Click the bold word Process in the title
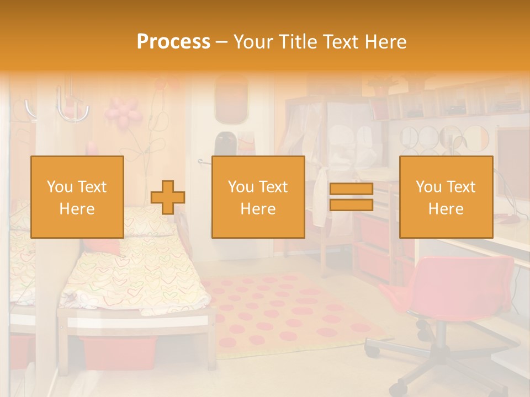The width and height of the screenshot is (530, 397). click(x=173, y=42)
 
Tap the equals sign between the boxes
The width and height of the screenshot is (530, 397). click(x=351, y=197)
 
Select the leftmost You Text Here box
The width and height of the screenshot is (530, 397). click(x=77, y=197)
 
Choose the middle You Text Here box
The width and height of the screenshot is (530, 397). click(x=258, y=197)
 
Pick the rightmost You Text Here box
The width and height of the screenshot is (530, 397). click(x=446, y=197)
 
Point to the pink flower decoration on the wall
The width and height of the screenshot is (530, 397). click(x=124, y=111)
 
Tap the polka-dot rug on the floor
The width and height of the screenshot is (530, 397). click(x=287, y=314)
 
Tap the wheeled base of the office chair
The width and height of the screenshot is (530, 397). click(x=436, y=364)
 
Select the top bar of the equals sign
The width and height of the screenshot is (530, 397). click(x=351, y=189)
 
